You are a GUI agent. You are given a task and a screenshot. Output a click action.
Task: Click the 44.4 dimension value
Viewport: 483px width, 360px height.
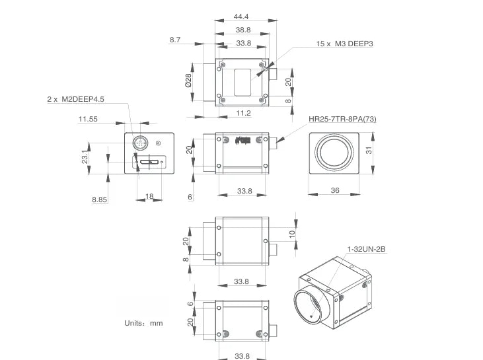pyautogui.click(x=241, y=17)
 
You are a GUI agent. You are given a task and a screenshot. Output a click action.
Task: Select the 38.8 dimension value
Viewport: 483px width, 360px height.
pyautogui.click(x=243, y=30)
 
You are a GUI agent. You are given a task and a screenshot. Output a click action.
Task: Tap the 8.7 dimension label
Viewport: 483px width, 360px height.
pyautogui.click(x=175, y=40)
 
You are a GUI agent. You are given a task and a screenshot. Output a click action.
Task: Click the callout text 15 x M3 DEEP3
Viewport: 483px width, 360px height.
pyautogui.click(x=344, y=44)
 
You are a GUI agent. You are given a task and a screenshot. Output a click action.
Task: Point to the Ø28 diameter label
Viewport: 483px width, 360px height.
pyautogui.click(x=188, y=80)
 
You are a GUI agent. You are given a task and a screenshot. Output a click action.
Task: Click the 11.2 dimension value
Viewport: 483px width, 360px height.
pyautogui.click(x=243, y=114)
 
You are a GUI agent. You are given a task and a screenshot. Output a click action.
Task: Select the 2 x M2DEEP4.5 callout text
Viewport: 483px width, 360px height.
pyautogui.click(x=75, y=99)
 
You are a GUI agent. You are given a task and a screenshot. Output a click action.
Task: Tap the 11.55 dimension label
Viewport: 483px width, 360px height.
pyautogui.click(x=88, y=119)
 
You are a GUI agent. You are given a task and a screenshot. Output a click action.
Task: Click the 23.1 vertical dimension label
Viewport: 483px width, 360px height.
pyautogui.click(x=85, y=157)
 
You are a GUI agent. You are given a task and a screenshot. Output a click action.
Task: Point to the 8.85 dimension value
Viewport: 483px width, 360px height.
pyautogui.click(x=99, y=200)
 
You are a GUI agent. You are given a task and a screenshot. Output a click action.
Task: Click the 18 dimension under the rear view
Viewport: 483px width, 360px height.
pyautogui.click(x=149, y=196)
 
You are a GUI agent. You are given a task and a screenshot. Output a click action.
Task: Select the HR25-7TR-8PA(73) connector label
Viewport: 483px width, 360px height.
pyautogui.click(x=342, y=119)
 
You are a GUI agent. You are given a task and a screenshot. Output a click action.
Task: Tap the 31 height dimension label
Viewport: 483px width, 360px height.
pyautogui.click(x=369, y=151)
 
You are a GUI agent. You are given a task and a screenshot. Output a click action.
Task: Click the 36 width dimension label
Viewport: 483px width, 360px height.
pyautogui.click(x=335, y=191)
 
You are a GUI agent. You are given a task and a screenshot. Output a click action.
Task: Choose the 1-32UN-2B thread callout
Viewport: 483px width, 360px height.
pyautogui.click(x=366, y=249)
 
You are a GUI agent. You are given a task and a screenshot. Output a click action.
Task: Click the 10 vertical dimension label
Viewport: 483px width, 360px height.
pyautogui.click(x=292, y=234)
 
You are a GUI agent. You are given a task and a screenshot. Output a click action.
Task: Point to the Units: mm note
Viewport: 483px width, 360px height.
pyautogui.click(x=143, y=324)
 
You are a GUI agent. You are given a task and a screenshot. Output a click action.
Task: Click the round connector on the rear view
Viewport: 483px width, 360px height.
pyautogui.click(x=141, y=143)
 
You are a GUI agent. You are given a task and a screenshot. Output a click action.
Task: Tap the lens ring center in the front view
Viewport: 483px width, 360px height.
pyautogui.click(x=334, y=152)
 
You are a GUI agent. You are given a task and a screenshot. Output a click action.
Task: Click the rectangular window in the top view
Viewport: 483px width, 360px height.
pyautogui.click(x=242, y=83)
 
